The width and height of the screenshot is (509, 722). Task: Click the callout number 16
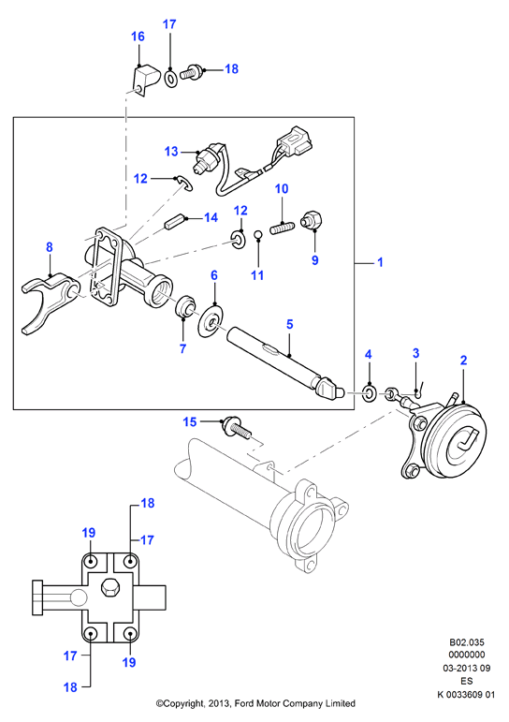coord(138,37)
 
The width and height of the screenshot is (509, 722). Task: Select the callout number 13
coord(171,151)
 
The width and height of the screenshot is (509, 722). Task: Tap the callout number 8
coord(50,247)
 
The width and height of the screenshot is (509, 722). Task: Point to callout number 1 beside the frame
coord(380,262)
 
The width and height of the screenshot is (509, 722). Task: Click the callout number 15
coord(190,421)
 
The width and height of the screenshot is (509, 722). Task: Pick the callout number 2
coord(463,361)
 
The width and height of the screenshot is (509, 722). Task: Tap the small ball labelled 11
coord(259,235)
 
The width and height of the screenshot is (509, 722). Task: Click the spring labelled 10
coord(281,228)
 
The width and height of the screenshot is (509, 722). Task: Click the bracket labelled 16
coord(146,81)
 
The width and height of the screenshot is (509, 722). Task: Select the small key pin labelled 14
coord(174,222)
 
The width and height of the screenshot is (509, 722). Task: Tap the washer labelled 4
coord(370,392)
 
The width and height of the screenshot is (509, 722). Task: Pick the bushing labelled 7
coord(186,306)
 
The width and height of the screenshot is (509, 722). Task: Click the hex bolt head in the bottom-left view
coord(110,588)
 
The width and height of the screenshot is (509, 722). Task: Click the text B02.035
coord(467,641)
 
